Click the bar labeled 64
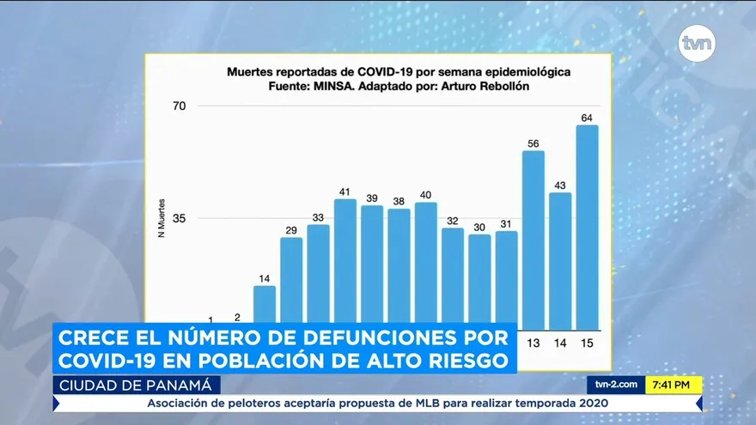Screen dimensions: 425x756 pos(587,223)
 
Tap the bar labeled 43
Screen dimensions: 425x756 pos(560,258)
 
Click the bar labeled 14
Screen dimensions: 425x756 pos(265,304)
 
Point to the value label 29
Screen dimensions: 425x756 pos(291,230)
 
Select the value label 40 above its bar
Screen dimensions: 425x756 pos(425,195)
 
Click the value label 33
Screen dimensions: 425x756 pos(318,217)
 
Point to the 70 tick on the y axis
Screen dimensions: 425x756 pos(180,106)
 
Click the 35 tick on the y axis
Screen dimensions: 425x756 pos(180,218)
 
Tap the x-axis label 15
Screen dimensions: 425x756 pos(587,343)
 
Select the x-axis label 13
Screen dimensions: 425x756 pos(533,343)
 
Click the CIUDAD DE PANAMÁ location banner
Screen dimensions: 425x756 pos(137,385)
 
